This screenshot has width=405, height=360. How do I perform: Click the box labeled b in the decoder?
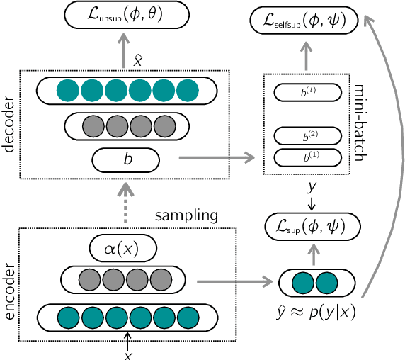(127, 160)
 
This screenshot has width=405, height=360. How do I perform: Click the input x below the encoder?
(127, 354)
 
